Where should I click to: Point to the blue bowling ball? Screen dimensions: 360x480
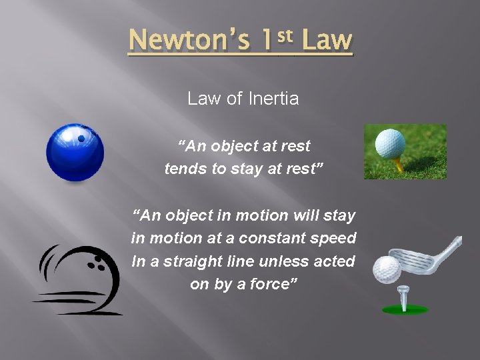pos(75,153)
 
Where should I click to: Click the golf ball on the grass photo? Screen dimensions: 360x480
pos(390,143)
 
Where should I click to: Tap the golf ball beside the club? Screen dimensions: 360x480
pos(386,269)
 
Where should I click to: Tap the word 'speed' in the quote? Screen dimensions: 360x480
pos(339,238)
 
